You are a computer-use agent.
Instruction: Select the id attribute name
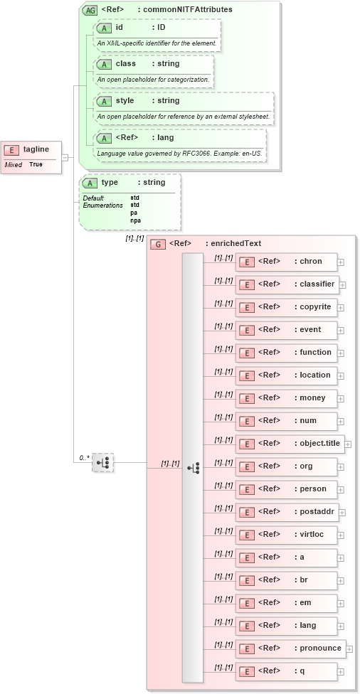pyautogui.click(x=120, y=27)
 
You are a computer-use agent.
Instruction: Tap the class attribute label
pyautogui.click(x=125, y=64)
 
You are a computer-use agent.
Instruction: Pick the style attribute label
pyautogui.click(x=125, y=101)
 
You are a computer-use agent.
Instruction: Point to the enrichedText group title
pyautogui.click(x=233, y=243)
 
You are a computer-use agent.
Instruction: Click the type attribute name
pyautogui.click(x=110, y=183)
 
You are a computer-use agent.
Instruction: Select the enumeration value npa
pyautogui.click(x=135, y=220)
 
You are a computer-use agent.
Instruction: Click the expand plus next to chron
pyautogui.click(x=341, y=262)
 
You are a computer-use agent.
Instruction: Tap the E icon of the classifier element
pyautogui.click(x=246, y=284)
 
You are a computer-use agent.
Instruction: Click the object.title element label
pyautogui.click(x=317, y=444)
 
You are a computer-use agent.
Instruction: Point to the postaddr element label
pyautogui.click(x=314, y=512)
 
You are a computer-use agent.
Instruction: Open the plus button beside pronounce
pyautogui.click(x=349, y=648)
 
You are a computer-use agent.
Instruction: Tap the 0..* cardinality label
pyautogui.click(x=84, y=457)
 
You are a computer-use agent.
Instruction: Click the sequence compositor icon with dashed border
pyautogui.click(x=103, y=462)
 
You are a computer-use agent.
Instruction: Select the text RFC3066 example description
pyautogui.click(x=179, y=154)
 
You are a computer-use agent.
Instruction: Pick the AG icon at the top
pyautogui.click(x=90, y=10)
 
